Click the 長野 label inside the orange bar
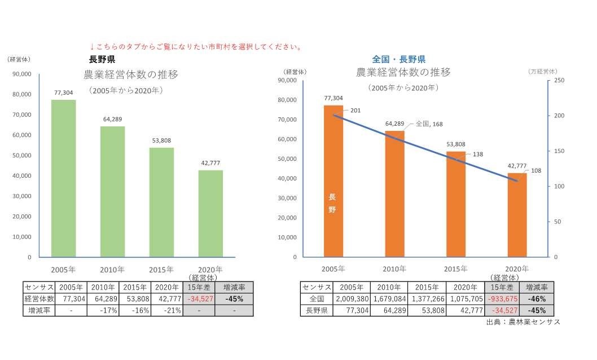pos(332,203)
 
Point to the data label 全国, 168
pos(428,123)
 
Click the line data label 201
pos(355,110)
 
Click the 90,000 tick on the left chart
pos(21,74)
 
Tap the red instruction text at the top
pos(195,47)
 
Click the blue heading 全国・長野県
pos(398,59)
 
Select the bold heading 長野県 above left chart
pos(102,59)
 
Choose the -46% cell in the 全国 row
pos(537,299)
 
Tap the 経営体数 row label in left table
pos(39,298)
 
